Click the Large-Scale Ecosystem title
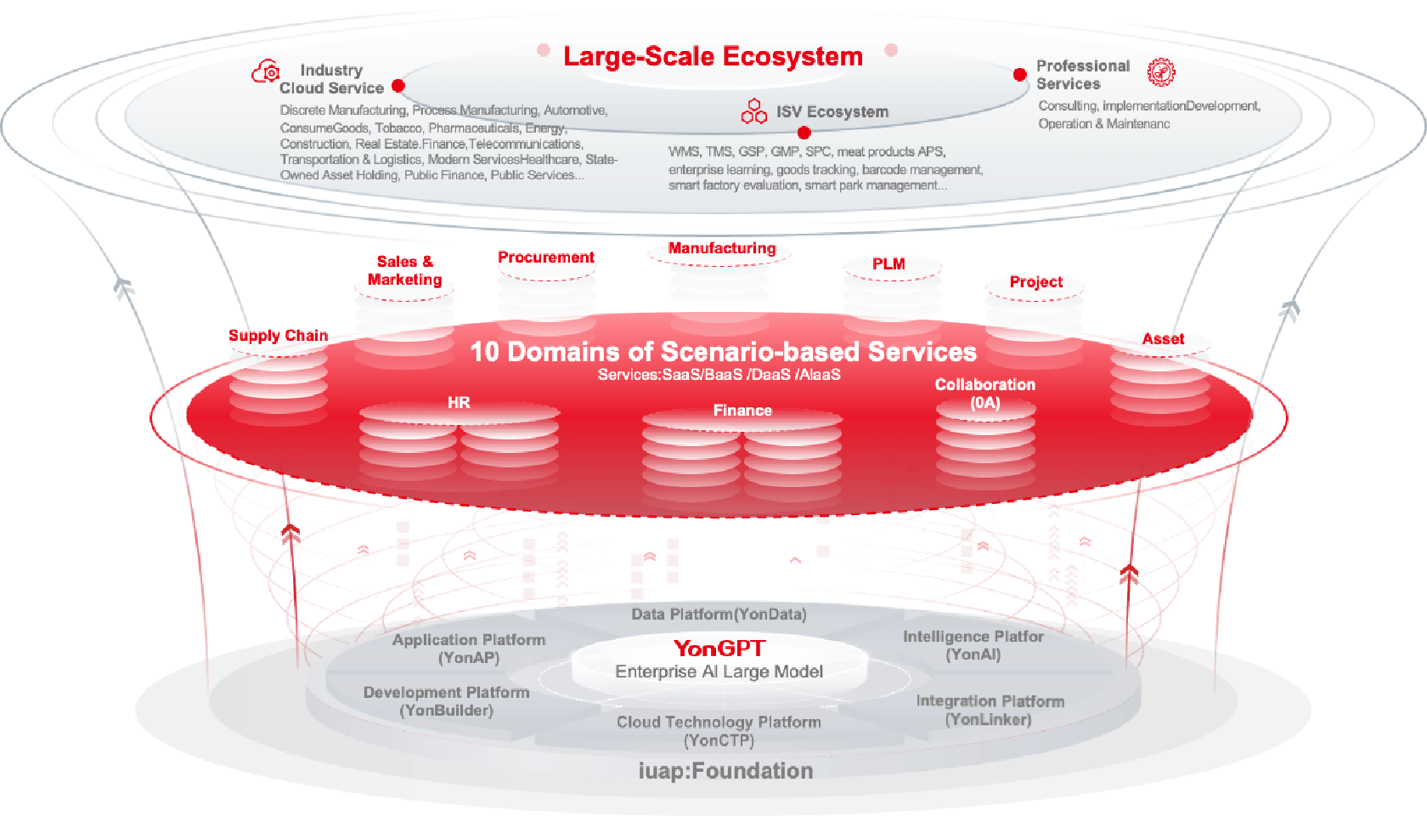pos(713,56)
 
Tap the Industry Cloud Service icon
pos(266,71)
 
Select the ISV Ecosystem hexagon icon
pos(753,110)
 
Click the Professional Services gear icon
pos(1161,72)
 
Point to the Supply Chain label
pos(279,335)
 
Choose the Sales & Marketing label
pos(404,270)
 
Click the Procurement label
pos(546,257)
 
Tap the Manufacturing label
pos(722,248)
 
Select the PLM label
pos(888,263)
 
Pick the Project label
pos(1036,282)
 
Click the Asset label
pos(1164,339)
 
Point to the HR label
pos(459,402)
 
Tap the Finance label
pos(742,410)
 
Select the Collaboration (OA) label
pos(985,394)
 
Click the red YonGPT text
pos(719,649)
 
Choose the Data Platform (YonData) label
pos(719,614)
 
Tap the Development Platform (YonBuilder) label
pos(446,701)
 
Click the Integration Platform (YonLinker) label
pos(990,711)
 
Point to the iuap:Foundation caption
pos(725,771)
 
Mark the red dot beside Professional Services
pos(1020,75)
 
